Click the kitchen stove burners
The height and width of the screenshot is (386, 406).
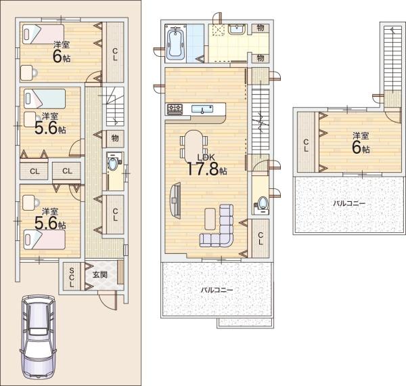(x=174, y=108)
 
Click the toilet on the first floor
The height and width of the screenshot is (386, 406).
(x=112, y=164)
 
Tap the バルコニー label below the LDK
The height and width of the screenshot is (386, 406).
(x=216, y=289)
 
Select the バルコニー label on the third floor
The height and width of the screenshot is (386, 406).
(x=349, y=202)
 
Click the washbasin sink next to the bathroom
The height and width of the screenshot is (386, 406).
(x=237, y=29)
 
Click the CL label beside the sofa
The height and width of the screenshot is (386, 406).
(x=261, y=238)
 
